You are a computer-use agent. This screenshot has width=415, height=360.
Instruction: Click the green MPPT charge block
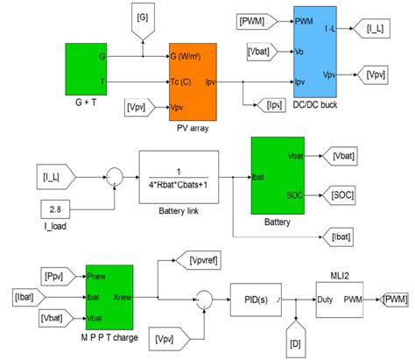pos(109,299)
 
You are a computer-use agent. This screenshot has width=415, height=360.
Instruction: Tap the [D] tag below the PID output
pos(295,335)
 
